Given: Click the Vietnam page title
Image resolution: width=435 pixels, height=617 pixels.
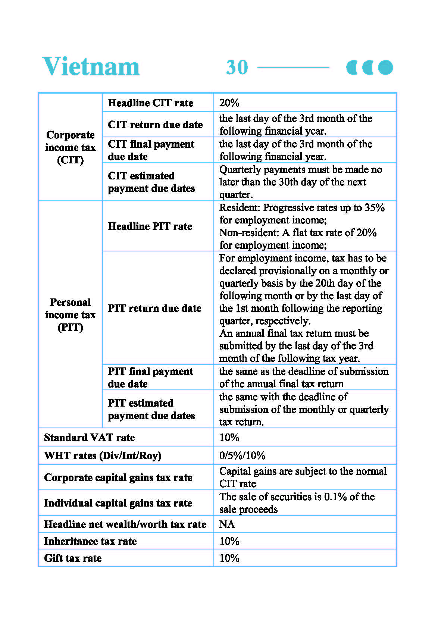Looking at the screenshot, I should [91, 67].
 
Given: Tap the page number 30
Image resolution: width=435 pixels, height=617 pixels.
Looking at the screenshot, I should [237, 68].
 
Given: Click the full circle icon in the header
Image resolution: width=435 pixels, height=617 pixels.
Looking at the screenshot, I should [385, 68].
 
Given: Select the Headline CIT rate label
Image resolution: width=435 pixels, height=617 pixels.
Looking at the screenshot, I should [150, 103].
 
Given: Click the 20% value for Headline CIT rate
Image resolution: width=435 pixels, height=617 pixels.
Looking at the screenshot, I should [229, 103].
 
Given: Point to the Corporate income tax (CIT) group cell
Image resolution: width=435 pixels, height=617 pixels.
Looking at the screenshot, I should [70, 147].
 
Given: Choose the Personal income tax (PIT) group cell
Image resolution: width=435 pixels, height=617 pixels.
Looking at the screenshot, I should [70, 314].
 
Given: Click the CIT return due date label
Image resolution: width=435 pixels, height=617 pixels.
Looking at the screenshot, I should [155, 125].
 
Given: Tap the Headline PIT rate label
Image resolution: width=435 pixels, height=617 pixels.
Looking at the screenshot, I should [150, 226].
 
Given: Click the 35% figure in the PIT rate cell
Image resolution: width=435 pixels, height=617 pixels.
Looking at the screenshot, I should [375, 208].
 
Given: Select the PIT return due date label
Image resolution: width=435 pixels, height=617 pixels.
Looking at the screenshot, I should [154, 308].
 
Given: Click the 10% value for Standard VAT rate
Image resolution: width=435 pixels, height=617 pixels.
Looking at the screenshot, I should [229, 437].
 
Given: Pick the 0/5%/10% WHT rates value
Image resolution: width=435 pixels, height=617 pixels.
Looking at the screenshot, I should [242, 455].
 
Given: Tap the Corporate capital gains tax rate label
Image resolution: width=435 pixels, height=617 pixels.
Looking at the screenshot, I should [118, 477].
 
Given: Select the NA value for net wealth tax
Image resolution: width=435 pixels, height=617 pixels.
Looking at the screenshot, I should [227, 524].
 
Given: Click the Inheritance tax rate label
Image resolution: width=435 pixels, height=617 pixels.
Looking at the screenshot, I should [90, 541].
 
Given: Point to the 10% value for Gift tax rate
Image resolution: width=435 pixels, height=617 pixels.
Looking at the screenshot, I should [229, 558].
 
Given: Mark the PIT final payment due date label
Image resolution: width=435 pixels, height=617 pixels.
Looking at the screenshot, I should [150, 378].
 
